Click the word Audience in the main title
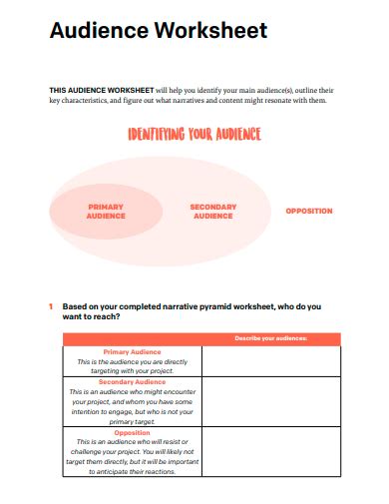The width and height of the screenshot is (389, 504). [x=98, y=31]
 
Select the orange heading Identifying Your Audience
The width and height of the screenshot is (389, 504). [x=194, y=135]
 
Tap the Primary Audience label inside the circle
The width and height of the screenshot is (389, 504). [x=106, y=212]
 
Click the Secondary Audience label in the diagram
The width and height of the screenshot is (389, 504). [x=212, y=212]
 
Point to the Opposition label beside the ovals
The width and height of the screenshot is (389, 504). [x=309, y=212]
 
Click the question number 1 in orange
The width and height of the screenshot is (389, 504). [x=51, y=306]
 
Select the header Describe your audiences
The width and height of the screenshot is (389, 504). [x=270, y=339]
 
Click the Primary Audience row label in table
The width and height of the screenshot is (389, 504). [x=133, y=351]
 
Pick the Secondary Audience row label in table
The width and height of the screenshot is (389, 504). [x=133, y=382]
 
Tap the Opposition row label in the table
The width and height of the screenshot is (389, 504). [x=133, y=432]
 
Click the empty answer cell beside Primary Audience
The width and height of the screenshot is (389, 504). [x=270, y=360]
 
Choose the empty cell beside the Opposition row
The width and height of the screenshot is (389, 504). [x=270, y=451]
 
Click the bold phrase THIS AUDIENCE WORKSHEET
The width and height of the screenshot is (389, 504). [x=101, y=90]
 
